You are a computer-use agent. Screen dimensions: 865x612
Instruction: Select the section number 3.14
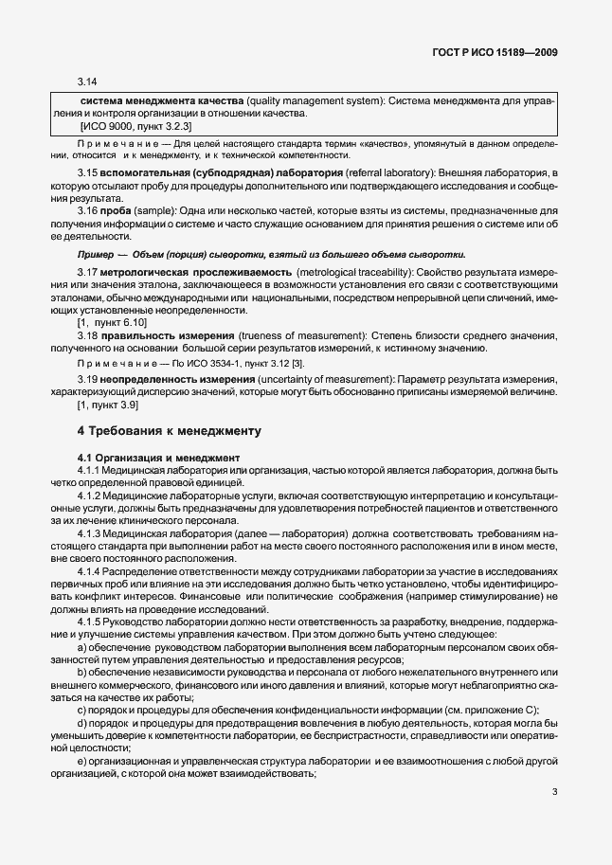coord(87,82)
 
